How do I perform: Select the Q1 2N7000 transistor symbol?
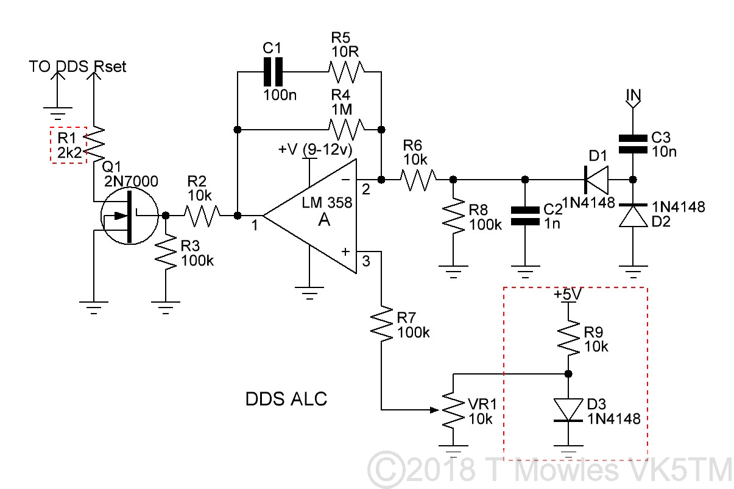pyautogui.click(x=129, y=216)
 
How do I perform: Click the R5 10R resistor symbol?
pyautogui.click(x=347, y=72)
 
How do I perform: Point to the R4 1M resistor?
pyautogui.click(x=347, y=128)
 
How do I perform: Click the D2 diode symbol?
pyautogui.click(x=633, y=216)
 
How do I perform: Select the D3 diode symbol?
pyautogui.click(x=568, y=409)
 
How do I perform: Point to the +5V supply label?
pyautogui.click(x=568, y=294)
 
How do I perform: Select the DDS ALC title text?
pyautogui.click(x=286, y=399)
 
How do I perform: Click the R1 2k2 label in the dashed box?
pyautogui.click(x=68, y=145)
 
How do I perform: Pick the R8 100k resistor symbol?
pyautogui.click(x=453, y=216)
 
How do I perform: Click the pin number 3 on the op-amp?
pyautogui.click(x=365, y=262)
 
